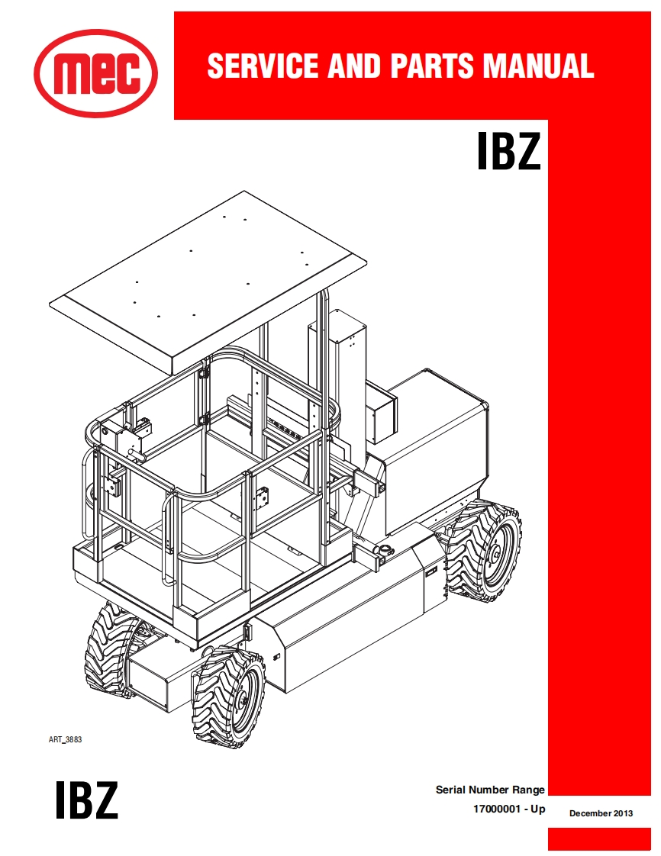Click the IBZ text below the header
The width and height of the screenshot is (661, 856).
(509, 153)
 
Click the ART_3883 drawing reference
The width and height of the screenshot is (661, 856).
(65, 739)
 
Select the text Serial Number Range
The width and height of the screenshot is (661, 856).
(490, 790)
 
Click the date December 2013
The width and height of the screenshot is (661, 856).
(601, 813)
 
